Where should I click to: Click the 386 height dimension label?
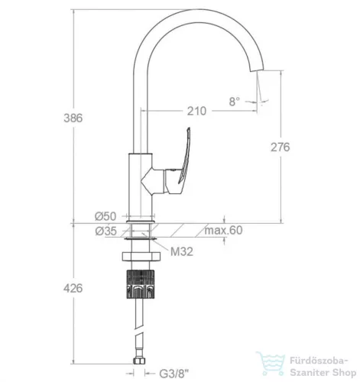coord(73,118)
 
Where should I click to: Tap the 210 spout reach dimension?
coord(196,111)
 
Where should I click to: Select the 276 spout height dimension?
coord(281,147)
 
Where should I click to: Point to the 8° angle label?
coord(235,102)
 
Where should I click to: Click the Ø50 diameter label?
coord(105,216)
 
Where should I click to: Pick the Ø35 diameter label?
coord(106,231)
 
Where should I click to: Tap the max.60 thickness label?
coord(223,230)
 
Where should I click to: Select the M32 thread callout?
coord(182,251)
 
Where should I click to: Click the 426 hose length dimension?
coord(73,289)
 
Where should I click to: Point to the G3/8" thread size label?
coord(174,374)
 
